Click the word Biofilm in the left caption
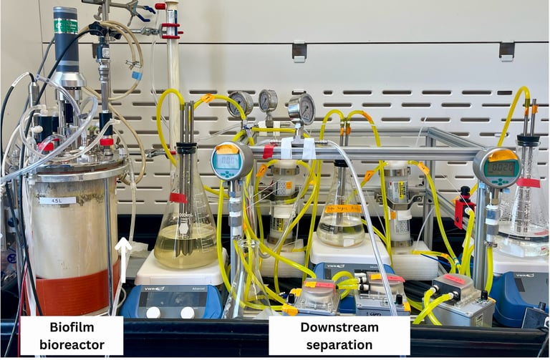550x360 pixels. pos(72,329)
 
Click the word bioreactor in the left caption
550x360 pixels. pos(72,345)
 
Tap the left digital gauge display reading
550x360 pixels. pos(227,162)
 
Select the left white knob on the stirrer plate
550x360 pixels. pos(153,313)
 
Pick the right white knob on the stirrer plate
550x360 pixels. pos(187,313)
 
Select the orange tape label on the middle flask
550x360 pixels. pos(343,209)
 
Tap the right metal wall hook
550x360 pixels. pos(506,49)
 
